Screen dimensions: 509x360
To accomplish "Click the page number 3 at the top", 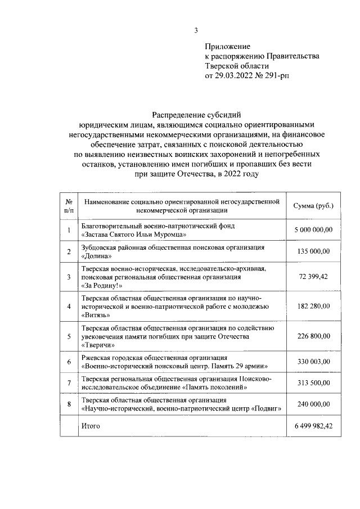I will coord(196,30).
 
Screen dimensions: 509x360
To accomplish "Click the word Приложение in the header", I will coord(227,47).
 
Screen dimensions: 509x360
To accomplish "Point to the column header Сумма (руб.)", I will coord(313,206).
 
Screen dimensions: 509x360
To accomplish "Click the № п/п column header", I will coord(68,206).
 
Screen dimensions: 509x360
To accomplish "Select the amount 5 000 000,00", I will coord(313,229).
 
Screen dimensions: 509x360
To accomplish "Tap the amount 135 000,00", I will coord(313,251).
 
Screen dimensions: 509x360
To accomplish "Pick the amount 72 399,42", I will coord(313,277).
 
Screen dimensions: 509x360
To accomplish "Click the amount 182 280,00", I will coord(313,307).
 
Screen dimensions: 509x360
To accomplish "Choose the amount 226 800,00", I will coord(313,336).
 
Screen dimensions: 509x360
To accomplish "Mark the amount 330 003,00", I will coord(313,362).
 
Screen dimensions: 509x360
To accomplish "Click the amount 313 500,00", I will coord(313,384).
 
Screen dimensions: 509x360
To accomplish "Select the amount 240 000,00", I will coord(313,404).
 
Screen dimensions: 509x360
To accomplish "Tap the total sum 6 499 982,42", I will coord(313,426).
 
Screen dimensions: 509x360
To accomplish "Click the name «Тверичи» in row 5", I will coord(99,345).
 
